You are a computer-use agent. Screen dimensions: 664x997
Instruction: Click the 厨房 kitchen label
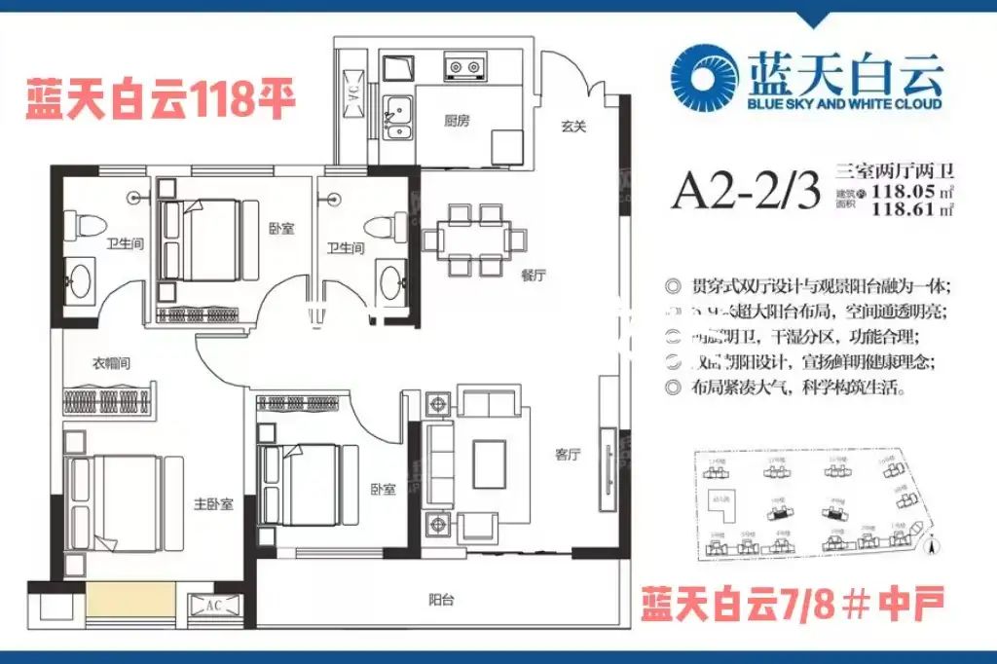(457, 121)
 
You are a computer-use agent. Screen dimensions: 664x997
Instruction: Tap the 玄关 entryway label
(572, 125)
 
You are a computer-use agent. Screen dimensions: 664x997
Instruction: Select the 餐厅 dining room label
(533, 276)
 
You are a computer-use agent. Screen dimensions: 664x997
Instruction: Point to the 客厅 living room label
(568, 455)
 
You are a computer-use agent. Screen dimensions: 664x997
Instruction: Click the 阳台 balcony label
(441, 600)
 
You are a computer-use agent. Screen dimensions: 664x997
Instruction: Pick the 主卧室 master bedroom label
(212, 503)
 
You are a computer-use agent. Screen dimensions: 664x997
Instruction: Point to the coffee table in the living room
(488, 463)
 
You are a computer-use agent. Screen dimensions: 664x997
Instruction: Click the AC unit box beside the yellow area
(213, 604)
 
